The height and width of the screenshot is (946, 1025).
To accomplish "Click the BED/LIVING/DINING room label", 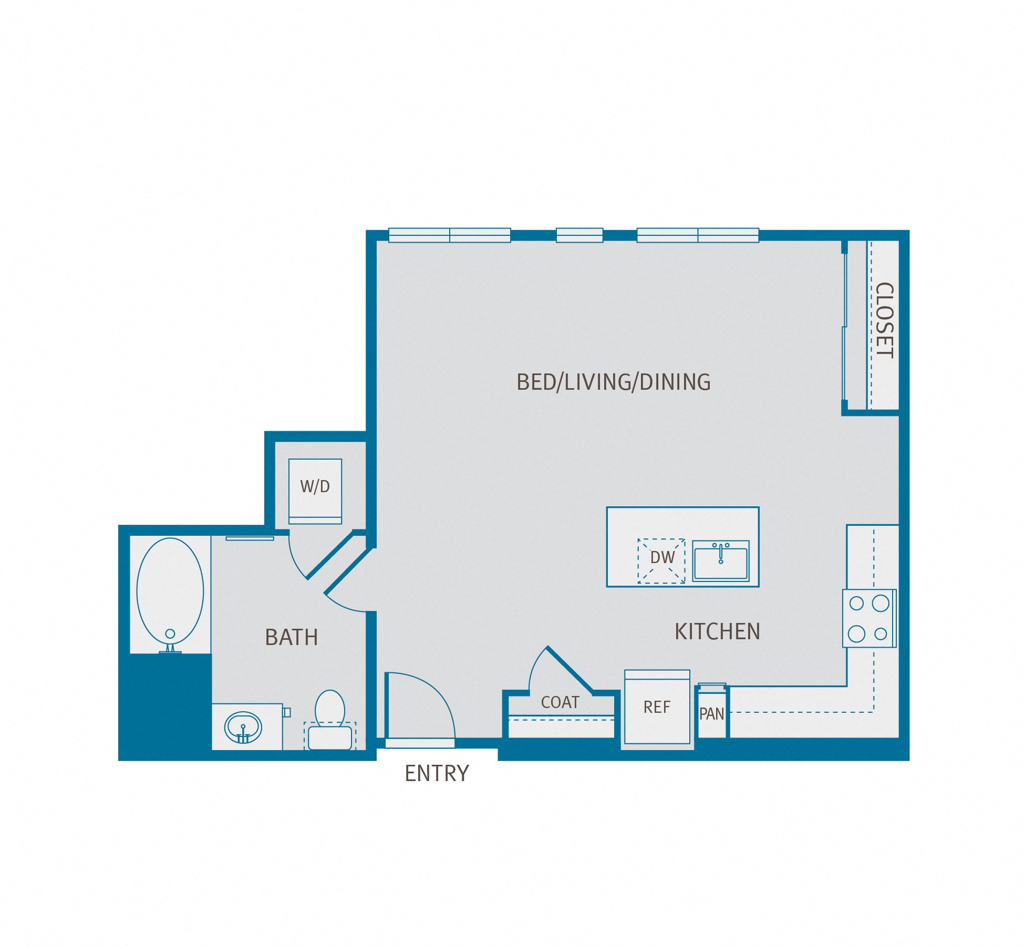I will (x=613, y=382).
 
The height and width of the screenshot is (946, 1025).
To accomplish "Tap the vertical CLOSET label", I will (x=885, y=320).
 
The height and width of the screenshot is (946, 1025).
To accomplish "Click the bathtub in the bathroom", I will (x=170, y=591).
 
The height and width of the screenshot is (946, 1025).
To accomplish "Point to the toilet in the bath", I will (x=330, y=720).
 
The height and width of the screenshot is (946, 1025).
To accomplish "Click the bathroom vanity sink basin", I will (x=243, y=728).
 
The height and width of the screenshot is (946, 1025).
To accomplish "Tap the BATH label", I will (x=292, y=638).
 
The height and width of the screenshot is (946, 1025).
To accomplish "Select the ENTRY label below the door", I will (x=437, y=773).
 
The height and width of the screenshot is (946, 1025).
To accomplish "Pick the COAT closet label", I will (x=560, y=702).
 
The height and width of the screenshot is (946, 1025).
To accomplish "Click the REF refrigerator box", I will (x=657, y=707).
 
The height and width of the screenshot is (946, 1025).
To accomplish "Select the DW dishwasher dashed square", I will (x=661, y=560).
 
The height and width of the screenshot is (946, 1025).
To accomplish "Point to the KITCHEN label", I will (x=717, y=631).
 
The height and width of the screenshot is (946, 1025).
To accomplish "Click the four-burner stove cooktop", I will (x=869, y=618).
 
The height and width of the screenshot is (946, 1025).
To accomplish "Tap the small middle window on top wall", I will (x=579, y=235).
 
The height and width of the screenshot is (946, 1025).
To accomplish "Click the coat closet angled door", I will (x=571, y=670).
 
